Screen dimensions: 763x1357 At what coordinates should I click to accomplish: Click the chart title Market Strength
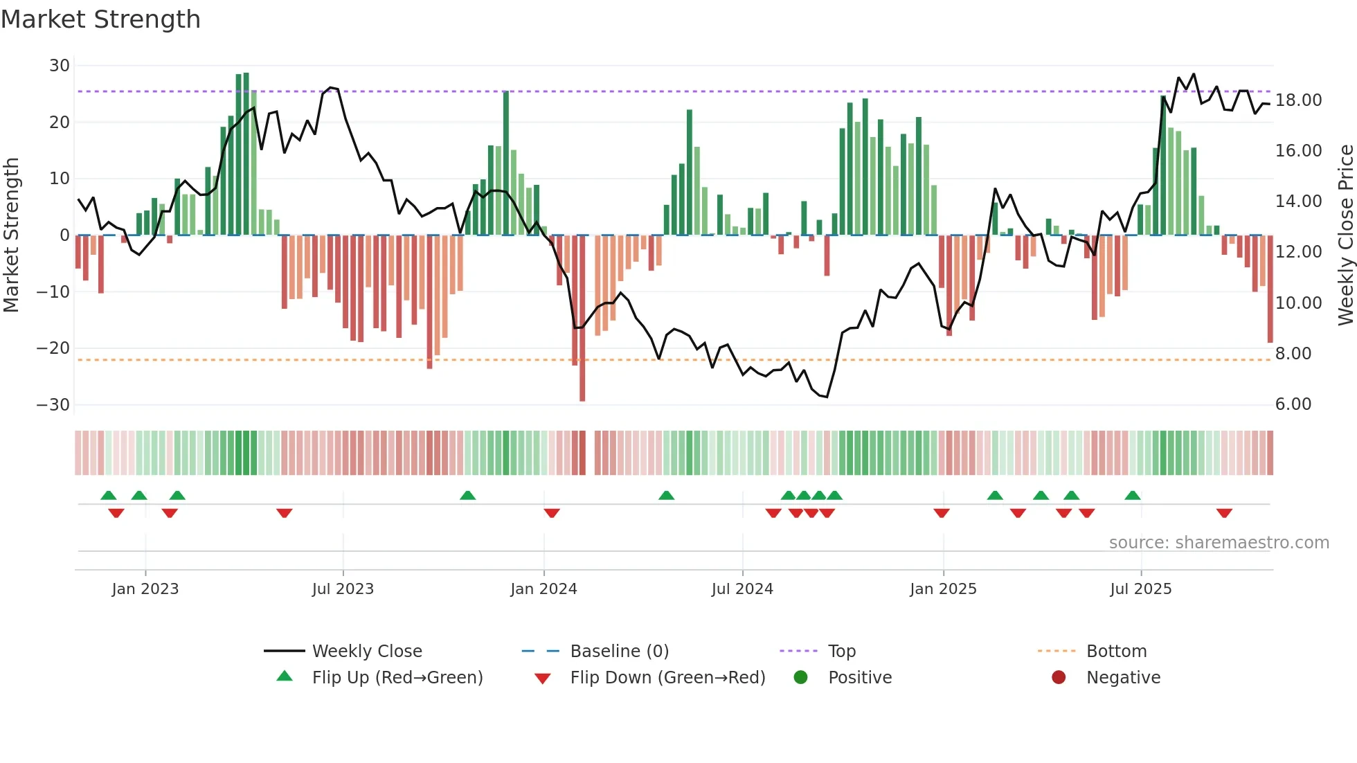[x=100, y=19]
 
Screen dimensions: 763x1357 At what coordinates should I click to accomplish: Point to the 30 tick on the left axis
[x=60, y=66]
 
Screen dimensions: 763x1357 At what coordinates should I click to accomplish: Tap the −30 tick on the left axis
[x=54, y=405]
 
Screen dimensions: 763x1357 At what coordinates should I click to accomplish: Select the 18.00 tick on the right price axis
[x=1298, y=100]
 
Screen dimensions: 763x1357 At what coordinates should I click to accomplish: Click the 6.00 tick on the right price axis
[x=1293, y=404]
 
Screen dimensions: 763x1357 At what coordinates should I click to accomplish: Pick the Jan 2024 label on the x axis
[x=543, y=589]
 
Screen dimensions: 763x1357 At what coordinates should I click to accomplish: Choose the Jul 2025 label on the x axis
[x=1140, y=589]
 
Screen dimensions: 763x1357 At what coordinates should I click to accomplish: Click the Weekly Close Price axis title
[x=1345, y=235]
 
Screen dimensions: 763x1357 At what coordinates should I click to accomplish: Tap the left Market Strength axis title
[x=12, y=235]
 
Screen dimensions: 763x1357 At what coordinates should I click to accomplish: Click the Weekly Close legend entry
[x=366, y=652]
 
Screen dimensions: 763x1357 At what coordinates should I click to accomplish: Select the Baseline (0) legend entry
[x=619, y=652]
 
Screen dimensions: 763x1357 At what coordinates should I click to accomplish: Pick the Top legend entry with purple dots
[x=841, y=652]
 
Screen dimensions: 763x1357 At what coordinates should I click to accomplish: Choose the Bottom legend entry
[x=1116, y=652]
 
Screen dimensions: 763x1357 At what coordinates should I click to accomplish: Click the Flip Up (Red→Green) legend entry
[x=397, y=678]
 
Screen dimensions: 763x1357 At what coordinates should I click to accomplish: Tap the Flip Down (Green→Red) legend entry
[x=667, y=678]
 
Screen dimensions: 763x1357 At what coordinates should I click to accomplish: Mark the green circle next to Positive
[x=801, y=678]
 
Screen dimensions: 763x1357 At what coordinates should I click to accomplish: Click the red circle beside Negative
[x=1059, y=678]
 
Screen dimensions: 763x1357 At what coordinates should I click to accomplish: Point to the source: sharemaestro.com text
[x=1219, y=543]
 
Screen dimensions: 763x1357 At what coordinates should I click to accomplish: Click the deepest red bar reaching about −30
[x=582, y=318]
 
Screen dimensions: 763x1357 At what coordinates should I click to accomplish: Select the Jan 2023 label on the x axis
[x=145, y=589]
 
